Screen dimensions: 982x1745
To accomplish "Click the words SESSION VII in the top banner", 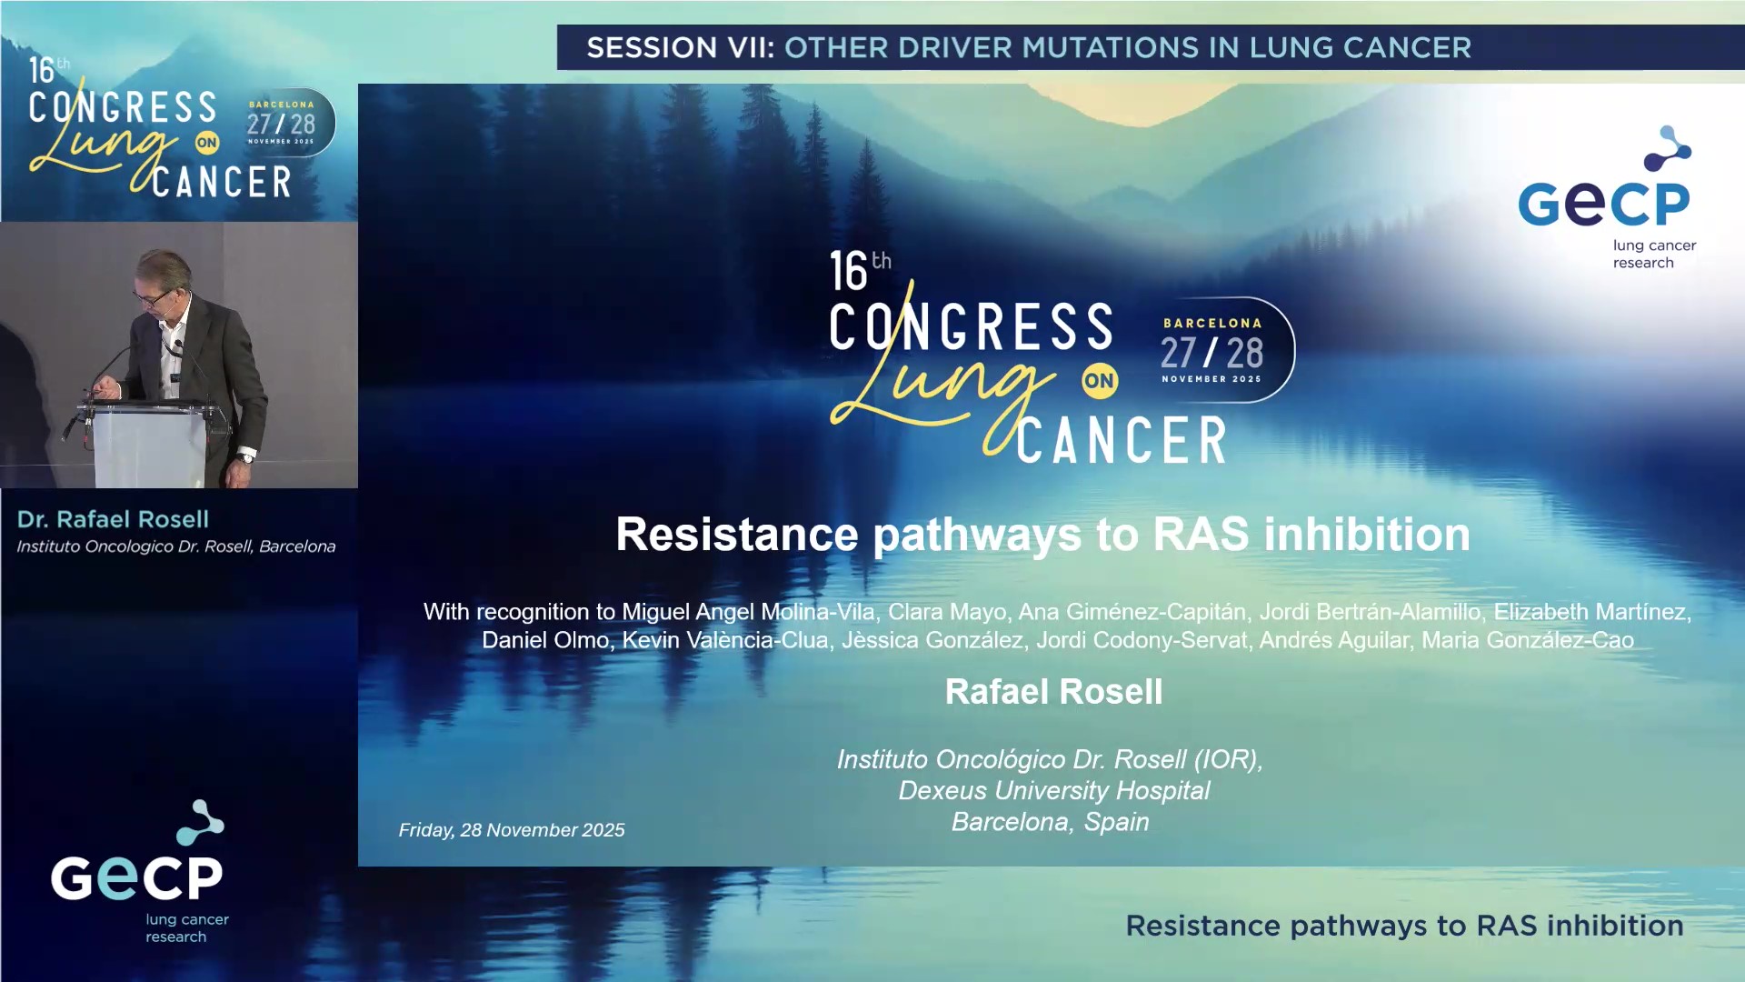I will point(680,47).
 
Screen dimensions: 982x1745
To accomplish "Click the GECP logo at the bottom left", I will point(138,871).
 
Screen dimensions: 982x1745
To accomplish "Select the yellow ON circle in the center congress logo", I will point(1099,381).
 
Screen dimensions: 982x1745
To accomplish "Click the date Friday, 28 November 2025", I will point(512,830).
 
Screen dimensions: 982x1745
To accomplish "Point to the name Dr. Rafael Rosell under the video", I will point(113,519).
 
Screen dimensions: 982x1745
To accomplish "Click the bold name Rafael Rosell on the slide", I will point(1053,692).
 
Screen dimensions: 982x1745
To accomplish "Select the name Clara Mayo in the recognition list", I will point(947,612).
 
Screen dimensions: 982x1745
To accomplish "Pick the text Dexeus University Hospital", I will point(1053,790).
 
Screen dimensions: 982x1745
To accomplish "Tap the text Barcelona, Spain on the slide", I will point(1050,822).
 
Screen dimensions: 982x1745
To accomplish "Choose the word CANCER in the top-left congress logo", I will point(222,183).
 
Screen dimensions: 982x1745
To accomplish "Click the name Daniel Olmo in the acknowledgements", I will point(544,640).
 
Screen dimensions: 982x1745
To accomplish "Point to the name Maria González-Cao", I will point(1527,640).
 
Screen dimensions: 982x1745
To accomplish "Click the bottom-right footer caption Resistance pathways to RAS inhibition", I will point(1404,926).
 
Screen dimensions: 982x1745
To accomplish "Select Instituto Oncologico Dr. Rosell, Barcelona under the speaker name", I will point(176,546).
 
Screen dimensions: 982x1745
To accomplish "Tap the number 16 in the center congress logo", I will point(849,272).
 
